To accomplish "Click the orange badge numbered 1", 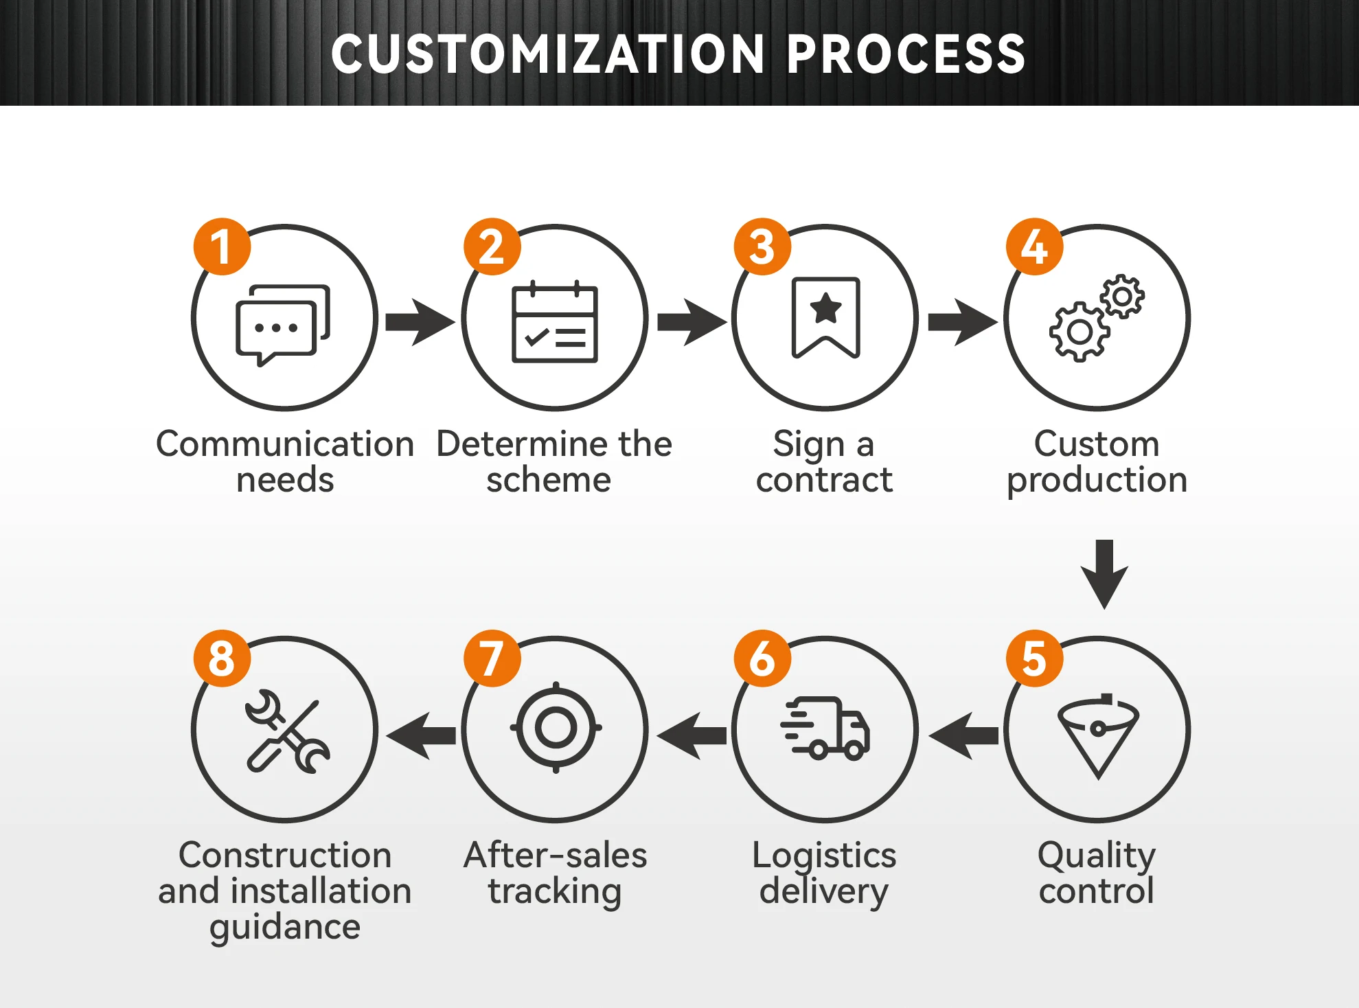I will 221,247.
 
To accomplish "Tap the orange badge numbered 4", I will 1034,247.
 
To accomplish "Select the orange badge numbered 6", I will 762,658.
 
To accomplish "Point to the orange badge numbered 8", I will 221,658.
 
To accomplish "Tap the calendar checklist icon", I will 555,323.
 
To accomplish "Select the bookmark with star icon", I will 825,317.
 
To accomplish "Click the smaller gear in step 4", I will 1122,297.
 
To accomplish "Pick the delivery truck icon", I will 826,729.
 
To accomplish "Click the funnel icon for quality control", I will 1098,735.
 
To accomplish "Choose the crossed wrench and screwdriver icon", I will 287,731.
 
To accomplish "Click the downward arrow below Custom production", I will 1104,573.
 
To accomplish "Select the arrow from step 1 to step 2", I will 419,321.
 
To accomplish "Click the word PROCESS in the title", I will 906,54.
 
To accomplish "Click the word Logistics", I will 824,856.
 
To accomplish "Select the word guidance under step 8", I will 285,927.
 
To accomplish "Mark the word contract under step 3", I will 824,479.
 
